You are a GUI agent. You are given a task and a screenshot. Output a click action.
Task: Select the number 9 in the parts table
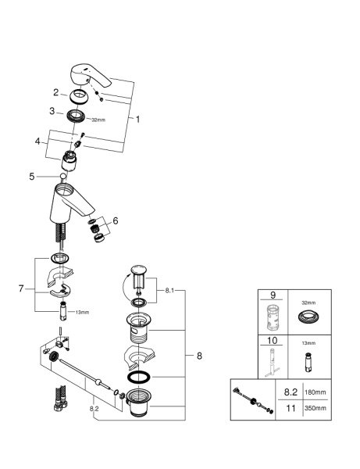click(273, 296)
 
